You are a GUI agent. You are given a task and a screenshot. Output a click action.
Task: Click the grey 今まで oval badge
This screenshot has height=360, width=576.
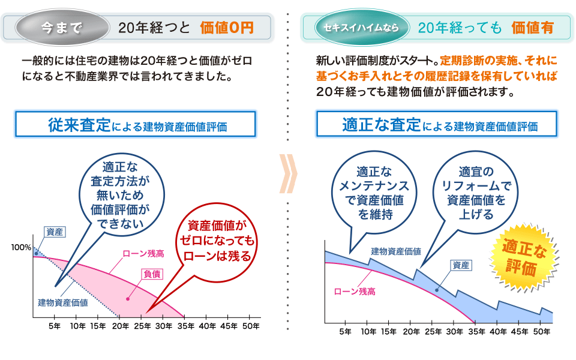pos(59,26)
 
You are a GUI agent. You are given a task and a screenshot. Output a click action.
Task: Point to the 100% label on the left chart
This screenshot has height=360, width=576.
pos(20,247)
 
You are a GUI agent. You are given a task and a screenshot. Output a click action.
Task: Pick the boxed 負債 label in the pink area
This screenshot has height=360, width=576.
pos(151,274)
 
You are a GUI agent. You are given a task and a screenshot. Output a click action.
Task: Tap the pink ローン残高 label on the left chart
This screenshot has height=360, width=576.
pos(143,254)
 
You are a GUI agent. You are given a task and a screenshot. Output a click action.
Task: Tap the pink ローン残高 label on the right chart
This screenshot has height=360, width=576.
pos(355,292)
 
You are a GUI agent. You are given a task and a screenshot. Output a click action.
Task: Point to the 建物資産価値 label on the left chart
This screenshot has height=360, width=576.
pos(63,302)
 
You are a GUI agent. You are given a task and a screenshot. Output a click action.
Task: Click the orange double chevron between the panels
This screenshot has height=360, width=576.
pos(289,175)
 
